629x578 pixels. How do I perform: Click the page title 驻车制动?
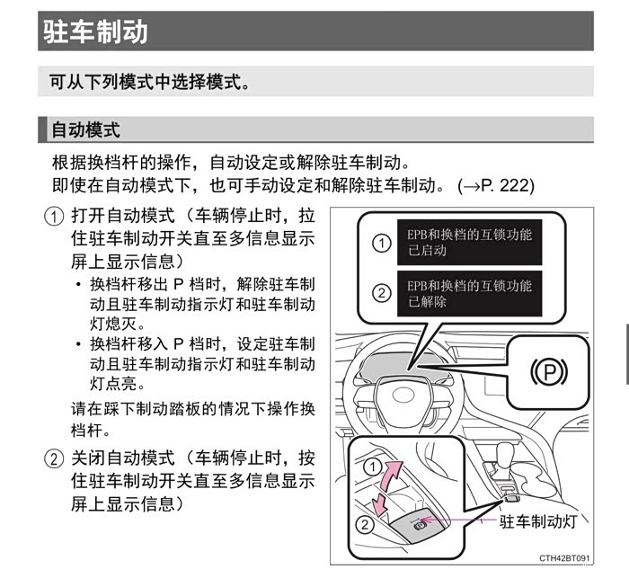[94, 31]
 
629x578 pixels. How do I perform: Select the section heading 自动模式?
[85, 129]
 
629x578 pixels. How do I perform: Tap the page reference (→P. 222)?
[495, 186]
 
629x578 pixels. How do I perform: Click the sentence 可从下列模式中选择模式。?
[149, 81]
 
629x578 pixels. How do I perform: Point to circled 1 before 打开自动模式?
[56, 218]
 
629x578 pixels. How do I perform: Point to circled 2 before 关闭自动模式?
[56, 458]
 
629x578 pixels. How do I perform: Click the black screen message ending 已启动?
[469, 243]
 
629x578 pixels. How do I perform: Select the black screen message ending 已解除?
[469, 294]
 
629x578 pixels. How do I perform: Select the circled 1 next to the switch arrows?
[368, 466]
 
